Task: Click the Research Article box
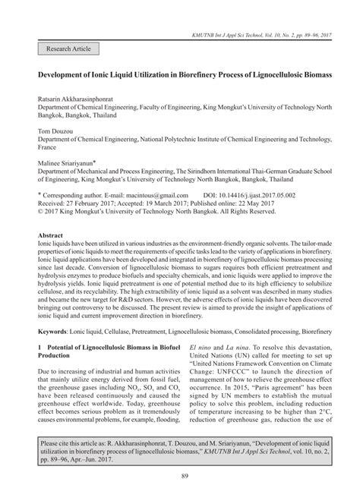point(68,49)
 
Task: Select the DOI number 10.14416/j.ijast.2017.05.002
point(264,195)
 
